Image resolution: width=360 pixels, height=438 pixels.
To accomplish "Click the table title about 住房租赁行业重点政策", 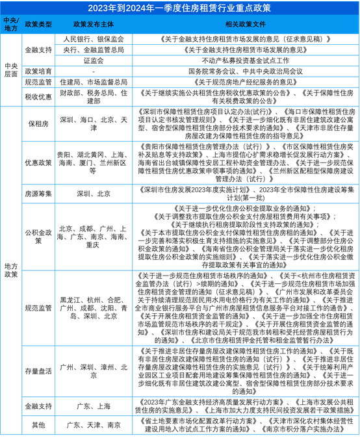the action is click(180, 7).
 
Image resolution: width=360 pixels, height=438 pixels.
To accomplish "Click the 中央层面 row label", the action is click(10, 70).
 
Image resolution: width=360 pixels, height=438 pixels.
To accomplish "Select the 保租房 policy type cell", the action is click(37, 124).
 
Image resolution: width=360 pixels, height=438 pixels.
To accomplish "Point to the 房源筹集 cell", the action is click(37, 194).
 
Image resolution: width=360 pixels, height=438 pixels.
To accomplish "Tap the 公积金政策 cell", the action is click(37, 237).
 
